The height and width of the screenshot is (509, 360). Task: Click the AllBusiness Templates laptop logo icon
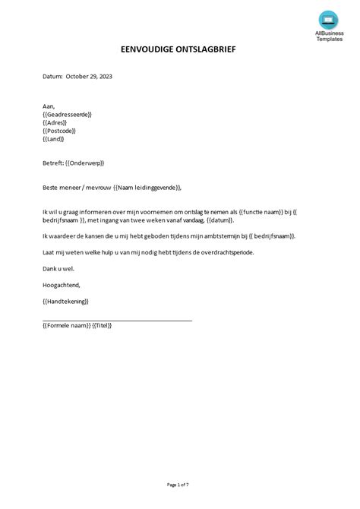click(327, 19)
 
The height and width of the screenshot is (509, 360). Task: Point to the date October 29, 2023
click(90, 76)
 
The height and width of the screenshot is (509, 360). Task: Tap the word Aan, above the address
click(49, 107)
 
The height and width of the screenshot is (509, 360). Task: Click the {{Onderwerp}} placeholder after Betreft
click(84, 163)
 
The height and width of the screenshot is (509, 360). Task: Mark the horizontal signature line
click(118, 321)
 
